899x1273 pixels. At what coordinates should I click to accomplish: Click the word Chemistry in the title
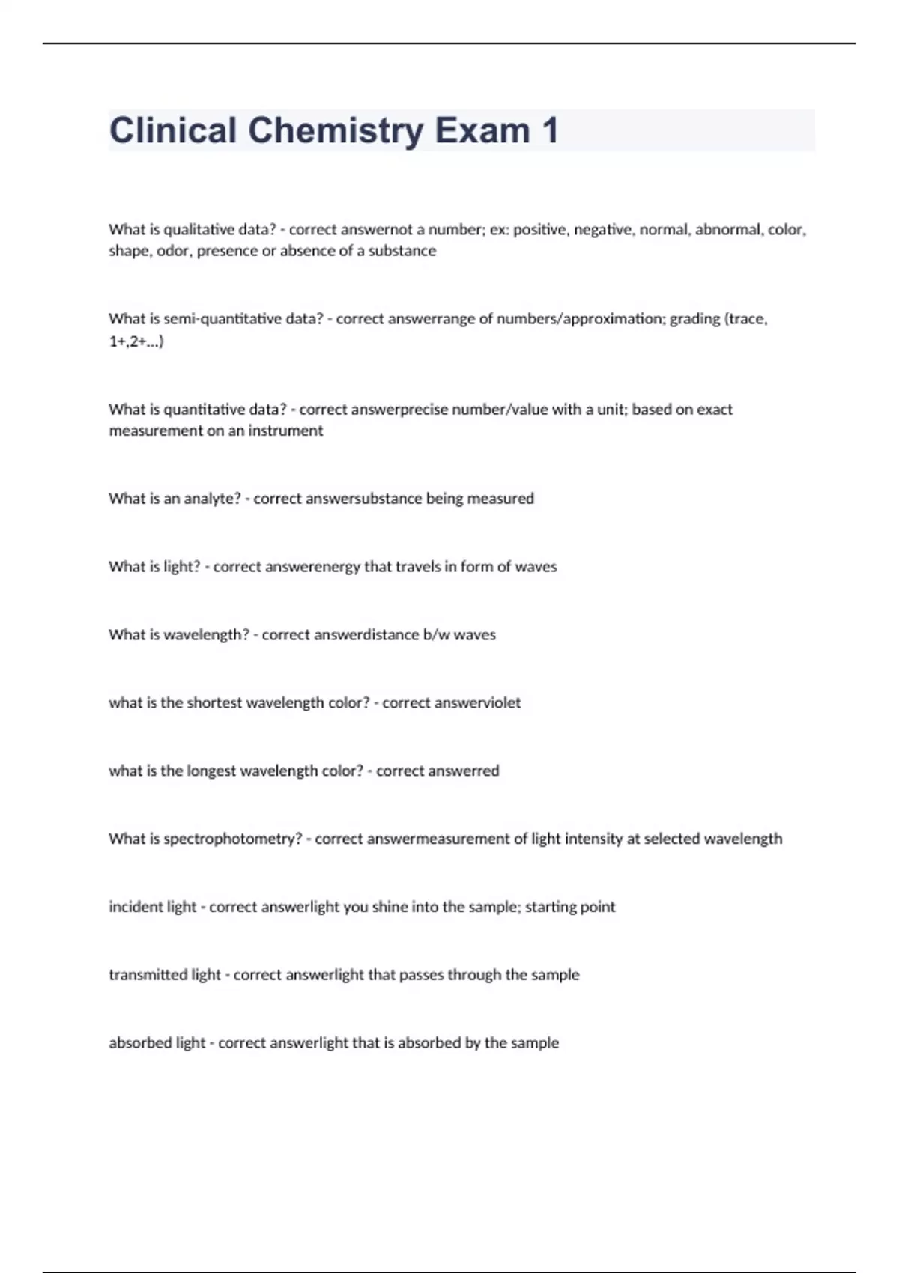click(x=336, y=131)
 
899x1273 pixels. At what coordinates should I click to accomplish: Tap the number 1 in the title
click(x=549, y=131)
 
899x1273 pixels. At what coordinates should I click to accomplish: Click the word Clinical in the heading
click(x=173, y=131)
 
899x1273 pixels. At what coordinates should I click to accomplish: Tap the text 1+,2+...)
click(x=136, y=341)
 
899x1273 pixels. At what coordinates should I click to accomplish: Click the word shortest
click(x=214, y=703)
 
